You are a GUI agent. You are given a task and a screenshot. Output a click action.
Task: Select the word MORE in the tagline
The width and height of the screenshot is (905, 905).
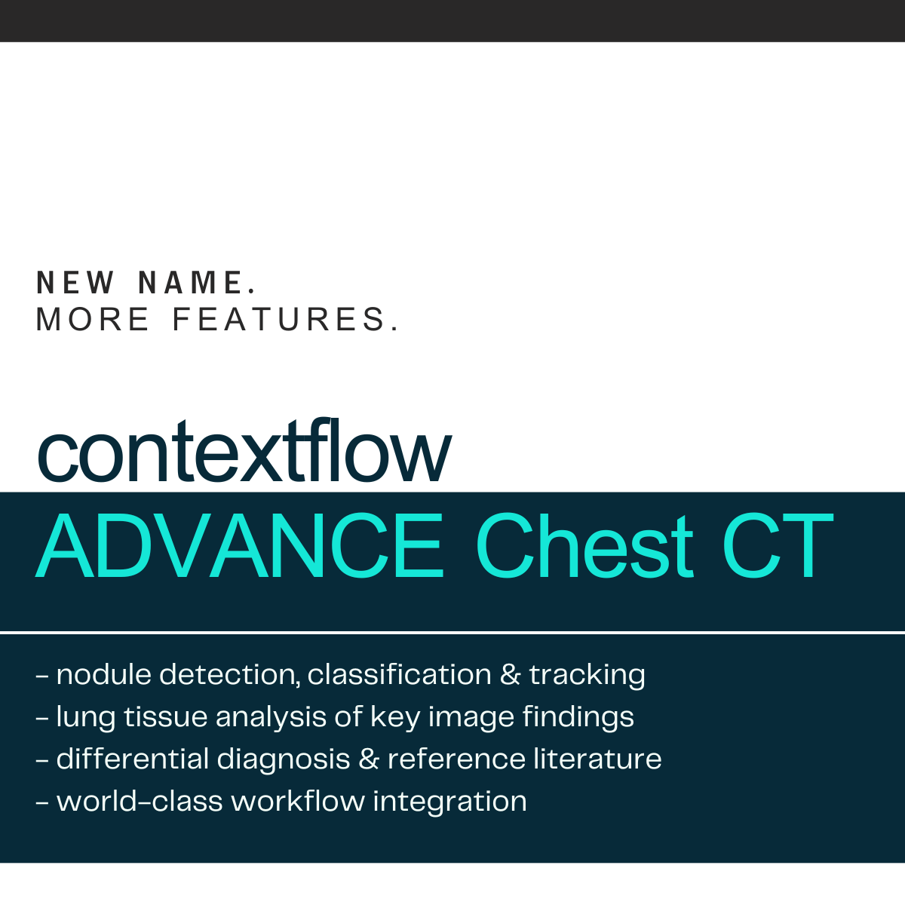click(x=93, y=319)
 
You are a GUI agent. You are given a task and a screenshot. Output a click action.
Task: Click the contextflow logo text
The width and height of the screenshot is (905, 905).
click(x=244, y=451)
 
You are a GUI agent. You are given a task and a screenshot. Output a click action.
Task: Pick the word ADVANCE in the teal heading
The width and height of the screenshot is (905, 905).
click(x=240, y=546)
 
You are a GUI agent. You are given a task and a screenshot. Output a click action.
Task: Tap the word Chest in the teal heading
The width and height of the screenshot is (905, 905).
click(x=584, y=546)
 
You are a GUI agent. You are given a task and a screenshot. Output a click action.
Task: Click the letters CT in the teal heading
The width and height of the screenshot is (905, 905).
click(x=778, y=546)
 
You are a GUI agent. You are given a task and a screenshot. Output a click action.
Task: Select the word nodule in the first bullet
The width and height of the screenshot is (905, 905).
click(x=104, y=675)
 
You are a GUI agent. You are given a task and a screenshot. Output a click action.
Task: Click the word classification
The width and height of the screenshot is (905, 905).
click(x=400, y=675)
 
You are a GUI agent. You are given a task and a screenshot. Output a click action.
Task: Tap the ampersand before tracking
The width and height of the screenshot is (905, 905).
click(x=511, y=675)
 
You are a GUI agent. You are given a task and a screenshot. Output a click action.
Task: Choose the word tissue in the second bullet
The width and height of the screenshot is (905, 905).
click(x=166, y=716)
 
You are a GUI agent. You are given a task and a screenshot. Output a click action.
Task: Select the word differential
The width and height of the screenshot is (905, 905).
click(x=133, y=759)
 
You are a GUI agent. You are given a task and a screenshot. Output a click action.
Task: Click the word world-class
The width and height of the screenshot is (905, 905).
click(x=140, y=801)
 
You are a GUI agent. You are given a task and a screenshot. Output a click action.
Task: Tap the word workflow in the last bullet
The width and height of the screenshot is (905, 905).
click(x=298, y=801)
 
